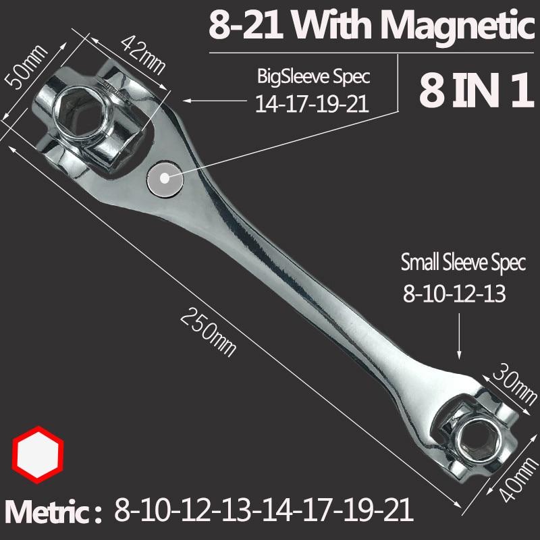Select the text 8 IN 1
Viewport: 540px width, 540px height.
click(472, 93)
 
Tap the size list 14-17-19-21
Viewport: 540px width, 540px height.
click(313, 104)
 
